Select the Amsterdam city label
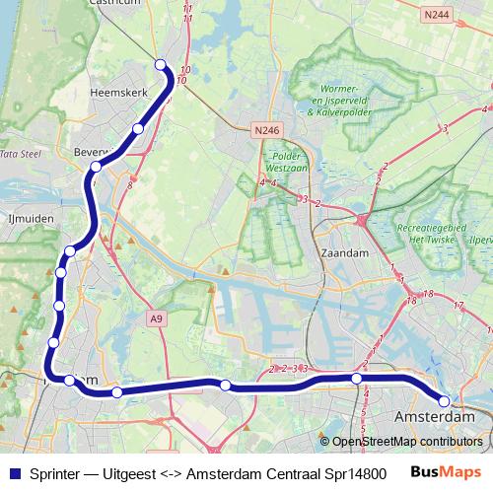[434, 418]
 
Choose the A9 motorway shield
[155, 318]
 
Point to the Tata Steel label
[19, 155]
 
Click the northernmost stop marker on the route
[161, 65]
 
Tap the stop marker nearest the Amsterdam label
[444, 401]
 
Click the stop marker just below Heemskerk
[138, 128]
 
